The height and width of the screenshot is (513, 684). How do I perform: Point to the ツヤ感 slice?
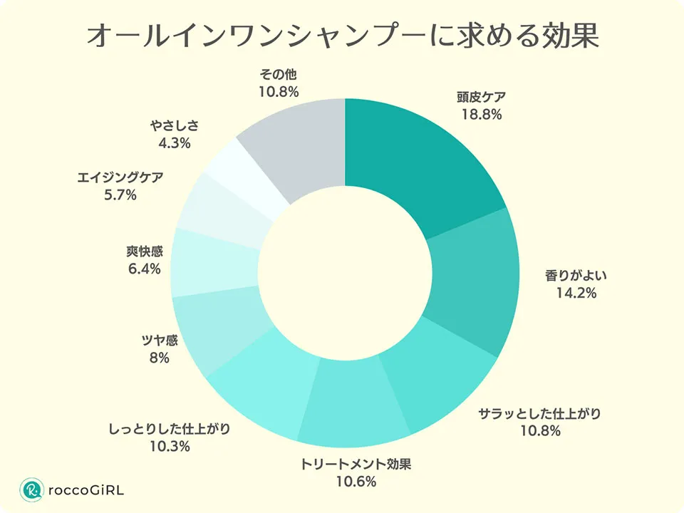click(214, 328)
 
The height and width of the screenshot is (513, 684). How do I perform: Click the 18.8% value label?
click(482, 113)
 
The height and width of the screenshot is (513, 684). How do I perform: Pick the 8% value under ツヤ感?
click(160, 358)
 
